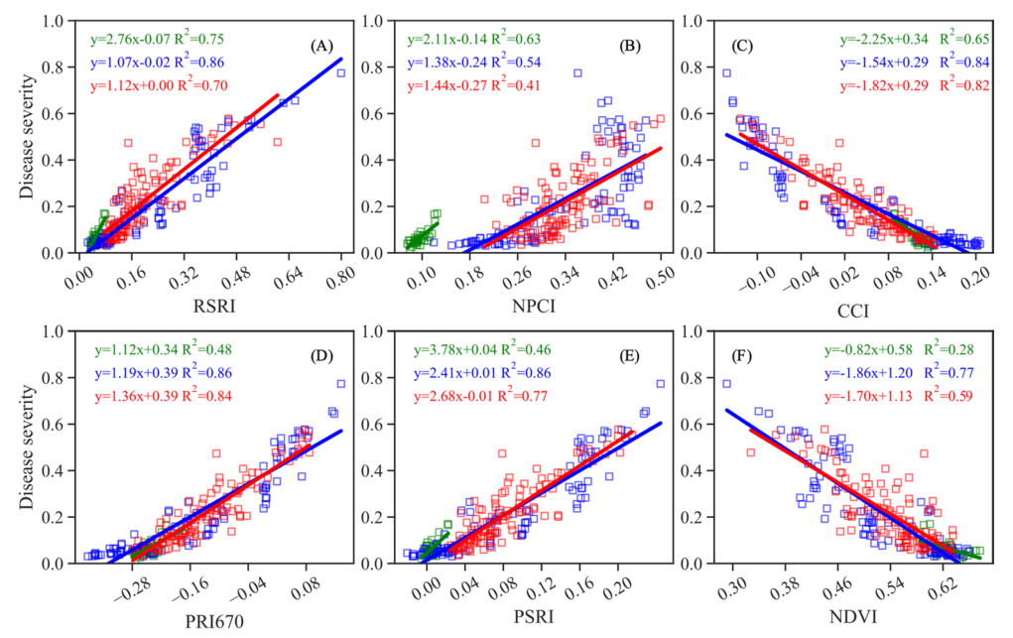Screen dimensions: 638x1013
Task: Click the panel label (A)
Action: pyautogui.click(x=321, y=47)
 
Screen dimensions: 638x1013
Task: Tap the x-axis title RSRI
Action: pyautogui.click(x=213, y=308)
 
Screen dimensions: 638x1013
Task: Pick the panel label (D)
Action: pyautogui.click(x=321, y=355)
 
